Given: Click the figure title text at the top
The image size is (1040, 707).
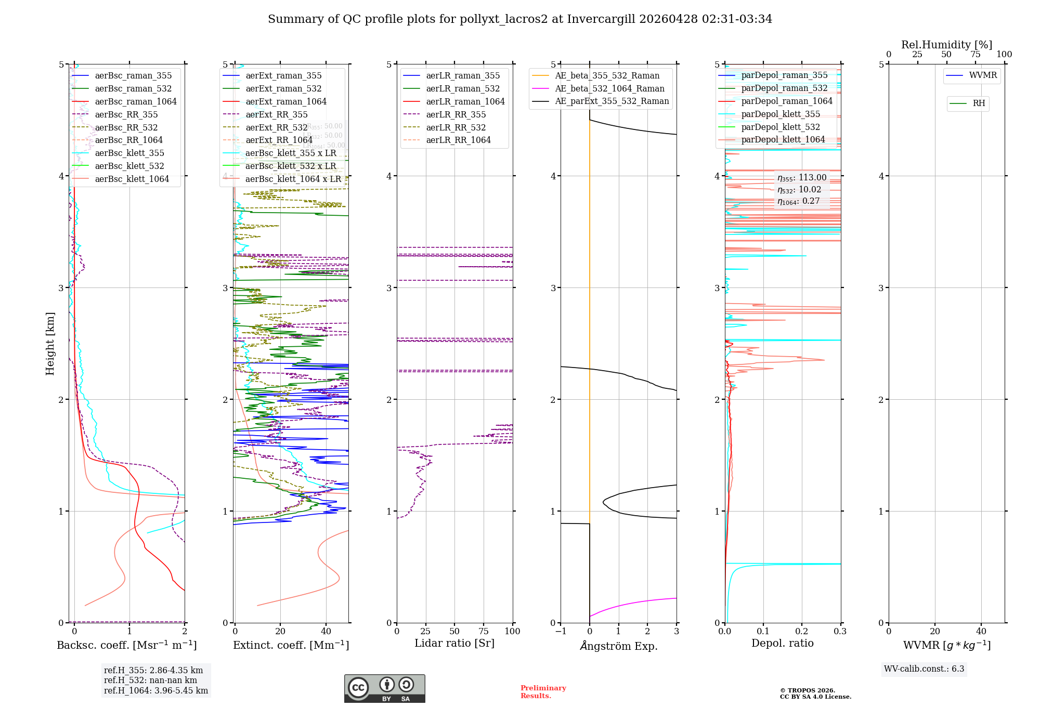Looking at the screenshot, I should point(520,19).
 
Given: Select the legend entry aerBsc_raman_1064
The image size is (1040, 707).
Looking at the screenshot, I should point(136,101).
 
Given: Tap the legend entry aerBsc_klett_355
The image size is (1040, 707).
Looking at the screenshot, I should point(129,153).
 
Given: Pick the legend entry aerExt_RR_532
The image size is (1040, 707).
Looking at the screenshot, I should point(277,127).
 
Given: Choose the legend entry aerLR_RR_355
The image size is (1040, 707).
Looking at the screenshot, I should point(456,114).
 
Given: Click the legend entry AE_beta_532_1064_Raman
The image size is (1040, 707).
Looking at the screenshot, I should point(609,88).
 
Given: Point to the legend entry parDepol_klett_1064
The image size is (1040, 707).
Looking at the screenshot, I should point(783,139).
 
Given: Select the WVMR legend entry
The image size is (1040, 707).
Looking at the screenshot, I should point(983,75).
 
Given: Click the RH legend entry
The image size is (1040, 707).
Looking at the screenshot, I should point(979,103).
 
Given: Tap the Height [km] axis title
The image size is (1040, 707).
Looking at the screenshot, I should point(50,343).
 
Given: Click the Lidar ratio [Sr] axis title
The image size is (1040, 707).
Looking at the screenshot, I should point(454,643).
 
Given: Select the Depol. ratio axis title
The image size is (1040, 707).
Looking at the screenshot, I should point(783,643).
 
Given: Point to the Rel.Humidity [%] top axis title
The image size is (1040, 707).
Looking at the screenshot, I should point(946,45).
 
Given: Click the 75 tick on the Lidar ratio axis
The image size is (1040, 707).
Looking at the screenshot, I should point(484,631).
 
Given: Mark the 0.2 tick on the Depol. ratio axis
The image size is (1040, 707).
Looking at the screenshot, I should point(802,631).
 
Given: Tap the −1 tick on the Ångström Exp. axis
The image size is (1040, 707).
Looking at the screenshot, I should point(560,631).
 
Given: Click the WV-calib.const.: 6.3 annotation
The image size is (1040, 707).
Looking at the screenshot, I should point(924,669).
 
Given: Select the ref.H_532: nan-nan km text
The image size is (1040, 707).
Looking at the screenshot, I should point(150,680).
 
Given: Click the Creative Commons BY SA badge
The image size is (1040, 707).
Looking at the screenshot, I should point(384,688).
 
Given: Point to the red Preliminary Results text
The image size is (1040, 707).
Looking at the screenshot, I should point(543,692).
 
